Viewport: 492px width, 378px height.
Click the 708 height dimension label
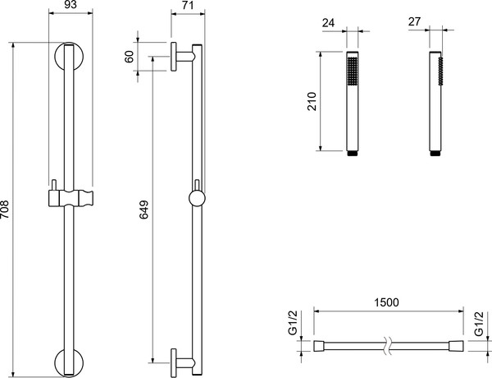click(x=5, y=210)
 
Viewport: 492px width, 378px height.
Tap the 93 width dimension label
click(x=70, y=5)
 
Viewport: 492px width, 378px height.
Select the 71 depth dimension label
click(x=187, y=6)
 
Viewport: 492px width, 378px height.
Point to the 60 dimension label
click(x=130, y=57)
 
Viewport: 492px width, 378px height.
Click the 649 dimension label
click(x=143, y=210)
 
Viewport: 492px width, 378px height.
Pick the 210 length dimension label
click(x=312, y=101)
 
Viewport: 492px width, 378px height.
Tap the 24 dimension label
click(x=328, y=23)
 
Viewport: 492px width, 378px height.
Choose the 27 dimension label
click(x=414, y=21)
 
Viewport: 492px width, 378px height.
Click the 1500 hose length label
click(x=386, y=302)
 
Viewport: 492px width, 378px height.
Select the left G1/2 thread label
click(x=293, y=323)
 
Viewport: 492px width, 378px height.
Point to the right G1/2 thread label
click(x=479, y=324)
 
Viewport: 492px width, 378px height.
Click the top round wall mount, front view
click(x=69, y=57)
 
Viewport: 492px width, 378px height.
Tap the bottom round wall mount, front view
click(x=69, y=362)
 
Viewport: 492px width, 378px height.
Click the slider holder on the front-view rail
click(x=71, y=198)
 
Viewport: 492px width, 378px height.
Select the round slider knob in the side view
click(x=197, y=199)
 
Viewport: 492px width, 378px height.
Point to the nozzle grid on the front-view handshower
click(x=353, y=71)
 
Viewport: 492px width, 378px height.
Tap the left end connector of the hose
click(x=320, y=346)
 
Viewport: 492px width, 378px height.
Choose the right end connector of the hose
click(x=456, y=346)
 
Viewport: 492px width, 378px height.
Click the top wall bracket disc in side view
click(x=174, y=57)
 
